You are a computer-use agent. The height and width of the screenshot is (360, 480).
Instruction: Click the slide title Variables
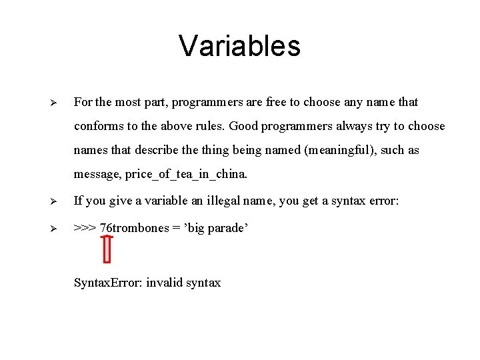[x=239, y=46]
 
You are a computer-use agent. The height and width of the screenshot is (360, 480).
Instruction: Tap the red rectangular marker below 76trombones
[x=108, y=249]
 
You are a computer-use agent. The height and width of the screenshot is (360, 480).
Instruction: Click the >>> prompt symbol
[x=85, y=228]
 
